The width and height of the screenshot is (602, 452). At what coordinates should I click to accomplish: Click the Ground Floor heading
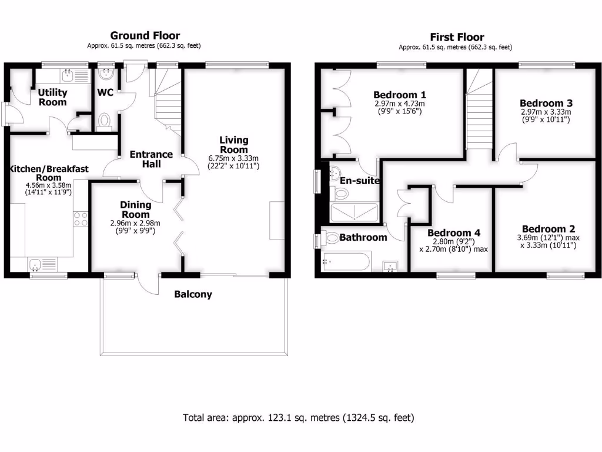pos(145,36)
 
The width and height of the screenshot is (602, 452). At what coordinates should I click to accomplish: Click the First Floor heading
pos(455,36)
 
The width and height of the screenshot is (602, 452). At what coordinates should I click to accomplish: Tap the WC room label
pos(106,92)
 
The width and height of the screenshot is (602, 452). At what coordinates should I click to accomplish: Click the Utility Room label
pos(53,97)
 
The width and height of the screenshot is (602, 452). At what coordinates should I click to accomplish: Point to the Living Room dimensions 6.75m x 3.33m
pos(233,158)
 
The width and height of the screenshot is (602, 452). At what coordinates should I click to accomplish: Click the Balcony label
pos(193,294)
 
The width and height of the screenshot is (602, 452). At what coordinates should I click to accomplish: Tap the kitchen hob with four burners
pos(80,219)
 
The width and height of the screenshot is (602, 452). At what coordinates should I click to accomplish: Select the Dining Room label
pos(136,210)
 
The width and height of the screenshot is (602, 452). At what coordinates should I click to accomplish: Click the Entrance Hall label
pos(151,159)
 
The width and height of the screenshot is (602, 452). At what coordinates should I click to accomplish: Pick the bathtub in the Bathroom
pos(346,261)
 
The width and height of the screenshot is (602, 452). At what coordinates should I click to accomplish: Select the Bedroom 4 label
pos(450,233)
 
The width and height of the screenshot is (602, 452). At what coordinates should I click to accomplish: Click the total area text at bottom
pos(299,418)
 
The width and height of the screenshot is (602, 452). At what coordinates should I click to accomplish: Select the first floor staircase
pos(479,112)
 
